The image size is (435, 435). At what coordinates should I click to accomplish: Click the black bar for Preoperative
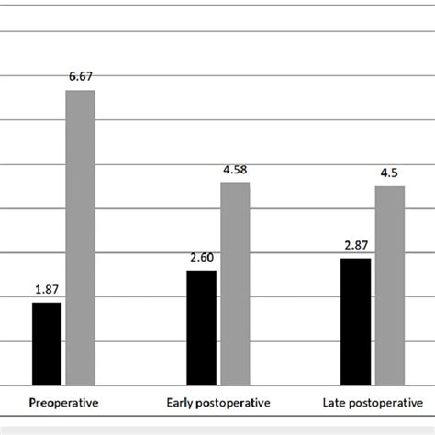[x=47, y=343]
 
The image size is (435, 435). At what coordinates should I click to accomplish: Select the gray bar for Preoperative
[x=79, y=238]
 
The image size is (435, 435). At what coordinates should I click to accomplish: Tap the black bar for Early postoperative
[x=202, y=328]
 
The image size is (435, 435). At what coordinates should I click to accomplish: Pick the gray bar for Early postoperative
[x=235, y=284]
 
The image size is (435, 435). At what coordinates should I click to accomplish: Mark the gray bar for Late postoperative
[x=390, y=285]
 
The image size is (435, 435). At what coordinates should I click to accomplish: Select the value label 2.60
[x=202, y=259]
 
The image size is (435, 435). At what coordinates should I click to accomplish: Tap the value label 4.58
[x=235, y=171]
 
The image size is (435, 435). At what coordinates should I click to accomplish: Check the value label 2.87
[x=356, y=247]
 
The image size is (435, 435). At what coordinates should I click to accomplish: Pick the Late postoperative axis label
[x=373, y=402]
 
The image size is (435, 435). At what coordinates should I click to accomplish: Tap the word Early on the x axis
[x=179, y=402]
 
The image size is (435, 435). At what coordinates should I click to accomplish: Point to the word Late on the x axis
[x=335, y=402]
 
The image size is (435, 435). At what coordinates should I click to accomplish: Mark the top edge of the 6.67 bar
[x=79, y=91]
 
